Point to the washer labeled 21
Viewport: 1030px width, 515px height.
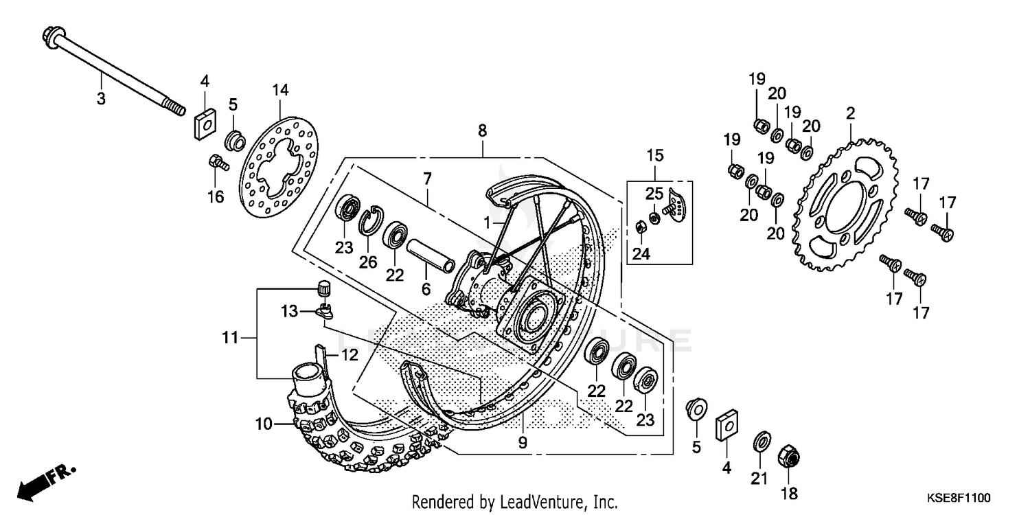[761, 440]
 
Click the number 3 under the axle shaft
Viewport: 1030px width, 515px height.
[101, 99]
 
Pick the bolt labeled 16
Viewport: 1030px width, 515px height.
[215, 163]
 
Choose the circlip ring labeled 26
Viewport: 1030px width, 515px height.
[369, 218]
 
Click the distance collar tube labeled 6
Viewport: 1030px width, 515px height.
[430, 254]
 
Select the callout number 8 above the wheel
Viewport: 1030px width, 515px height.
[483, 129]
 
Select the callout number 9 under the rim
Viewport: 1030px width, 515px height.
[523, 443]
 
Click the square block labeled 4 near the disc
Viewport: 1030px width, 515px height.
[203, 124]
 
